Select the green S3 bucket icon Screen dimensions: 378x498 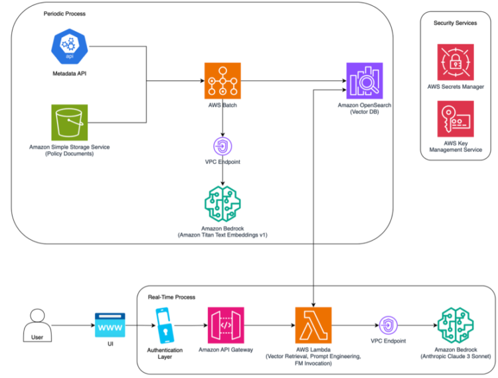click(70, 122)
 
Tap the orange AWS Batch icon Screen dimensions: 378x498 click(222, 81)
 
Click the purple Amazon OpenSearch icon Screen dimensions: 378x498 click(365, 81)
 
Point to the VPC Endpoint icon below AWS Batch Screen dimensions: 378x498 click(222, 146)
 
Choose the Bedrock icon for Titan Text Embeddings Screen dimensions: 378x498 click(222, 202)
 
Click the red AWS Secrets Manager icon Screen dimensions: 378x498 click(455, 62)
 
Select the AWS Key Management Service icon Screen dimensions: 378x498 click(455, 119)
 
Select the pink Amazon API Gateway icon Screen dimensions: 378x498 click(226, 325)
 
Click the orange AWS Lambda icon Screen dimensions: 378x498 click(313, 325)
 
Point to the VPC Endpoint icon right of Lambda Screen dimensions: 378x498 click(387, 325)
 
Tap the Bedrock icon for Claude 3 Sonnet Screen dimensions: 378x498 click(456, 325)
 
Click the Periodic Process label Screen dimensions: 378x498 click(64, 13)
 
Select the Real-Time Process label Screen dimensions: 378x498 click(171, 297)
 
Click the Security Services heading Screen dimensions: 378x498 click(455, 23)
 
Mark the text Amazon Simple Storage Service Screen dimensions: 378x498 click(70, 147)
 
